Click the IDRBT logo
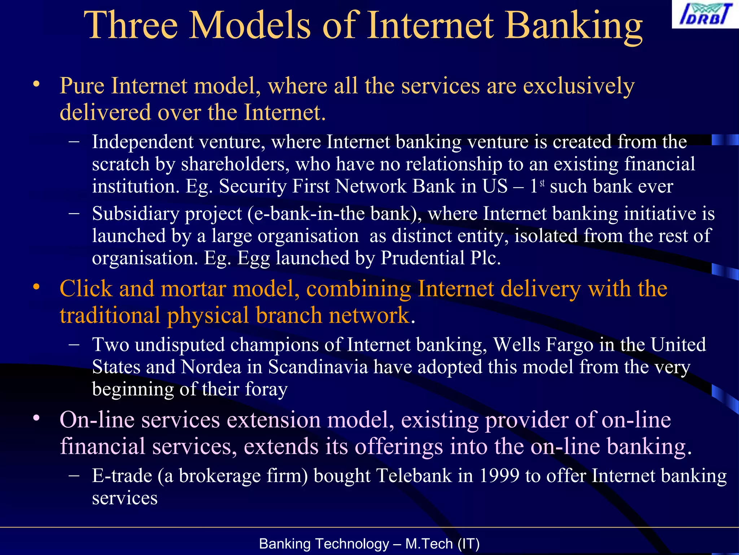tap(705, 14)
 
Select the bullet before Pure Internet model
tap(36, 84)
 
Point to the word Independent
tap(143, 142)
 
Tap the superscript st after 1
tap(542, 183)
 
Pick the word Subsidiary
tap(135, 214)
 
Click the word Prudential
tap(423, 258)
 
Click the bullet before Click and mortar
tap(36, 287)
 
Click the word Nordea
tap(211, 367)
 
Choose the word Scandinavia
tap(318, 367)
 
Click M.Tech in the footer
tap(429, 544)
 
